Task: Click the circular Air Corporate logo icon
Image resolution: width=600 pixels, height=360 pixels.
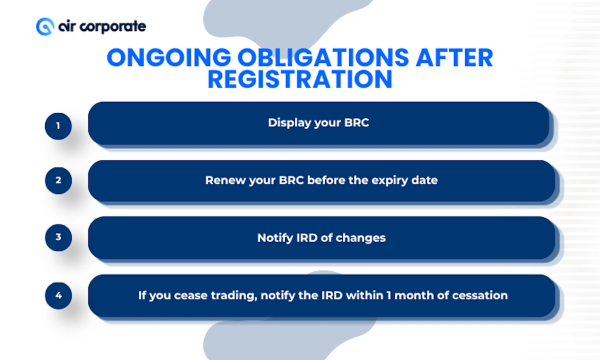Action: click(x=44, y=26)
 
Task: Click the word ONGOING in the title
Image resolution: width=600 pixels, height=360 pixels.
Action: click(x=168, y=58)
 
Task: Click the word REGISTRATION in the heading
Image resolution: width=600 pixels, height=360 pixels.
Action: click(x=300, y=80)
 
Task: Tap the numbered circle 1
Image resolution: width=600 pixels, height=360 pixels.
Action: click(x=58, y=125)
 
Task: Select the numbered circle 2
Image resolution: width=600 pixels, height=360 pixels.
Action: click(x=58, y=180)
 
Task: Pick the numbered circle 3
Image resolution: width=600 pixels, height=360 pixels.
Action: click(x=58, y=237)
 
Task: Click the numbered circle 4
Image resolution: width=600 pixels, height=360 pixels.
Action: click(x=58, y=295)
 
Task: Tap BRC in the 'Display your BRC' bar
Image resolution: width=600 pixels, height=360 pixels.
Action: click(x=356, y=123)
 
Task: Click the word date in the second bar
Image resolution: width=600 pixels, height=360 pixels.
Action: click(x=426, y=180)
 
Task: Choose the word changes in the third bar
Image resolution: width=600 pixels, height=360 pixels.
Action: click(x=360, y=238)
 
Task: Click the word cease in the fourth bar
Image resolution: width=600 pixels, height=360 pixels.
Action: click(x=191, y=295)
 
